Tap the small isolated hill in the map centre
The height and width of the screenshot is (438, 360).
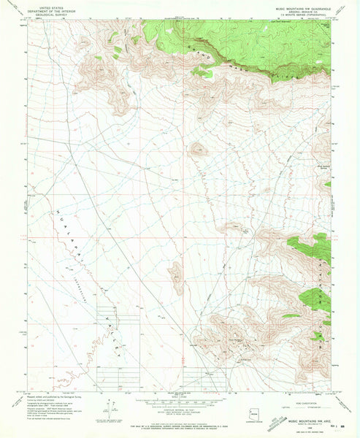(197, 150)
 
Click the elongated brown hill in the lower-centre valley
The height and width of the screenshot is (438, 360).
(176, 277)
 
